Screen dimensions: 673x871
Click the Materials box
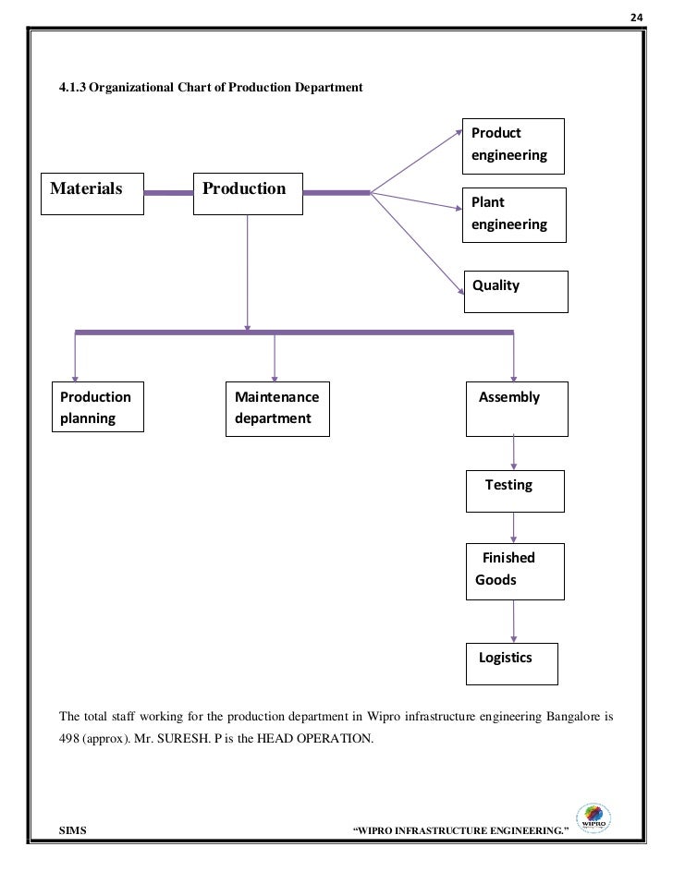point(92,194)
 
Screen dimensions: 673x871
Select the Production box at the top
point(248,194)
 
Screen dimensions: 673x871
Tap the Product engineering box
point(513,147)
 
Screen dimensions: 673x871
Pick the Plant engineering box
point(514,215)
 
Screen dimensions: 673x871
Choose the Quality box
point(516,292)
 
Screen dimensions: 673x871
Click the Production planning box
point(98,406)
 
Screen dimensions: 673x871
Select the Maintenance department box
point(278,409)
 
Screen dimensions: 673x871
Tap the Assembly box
point(517,409)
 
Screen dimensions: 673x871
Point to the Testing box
point(515,491)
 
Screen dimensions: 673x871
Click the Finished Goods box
point(515,572)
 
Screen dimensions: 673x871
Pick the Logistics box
point(512,664)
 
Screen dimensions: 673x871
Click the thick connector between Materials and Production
point(168,193)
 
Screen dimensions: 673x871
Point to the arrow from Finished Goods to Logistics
point(513,622)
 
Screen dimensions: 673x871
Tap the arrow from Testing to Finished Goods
point(513,527)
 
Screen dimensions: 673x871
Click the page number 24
point(636,18)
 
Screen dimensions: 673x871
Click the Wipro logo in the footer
point(593,818)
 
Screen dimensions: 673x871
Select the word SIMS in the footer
point(73,830)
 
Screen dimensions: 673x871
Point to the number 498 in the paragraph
point(69,738)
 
